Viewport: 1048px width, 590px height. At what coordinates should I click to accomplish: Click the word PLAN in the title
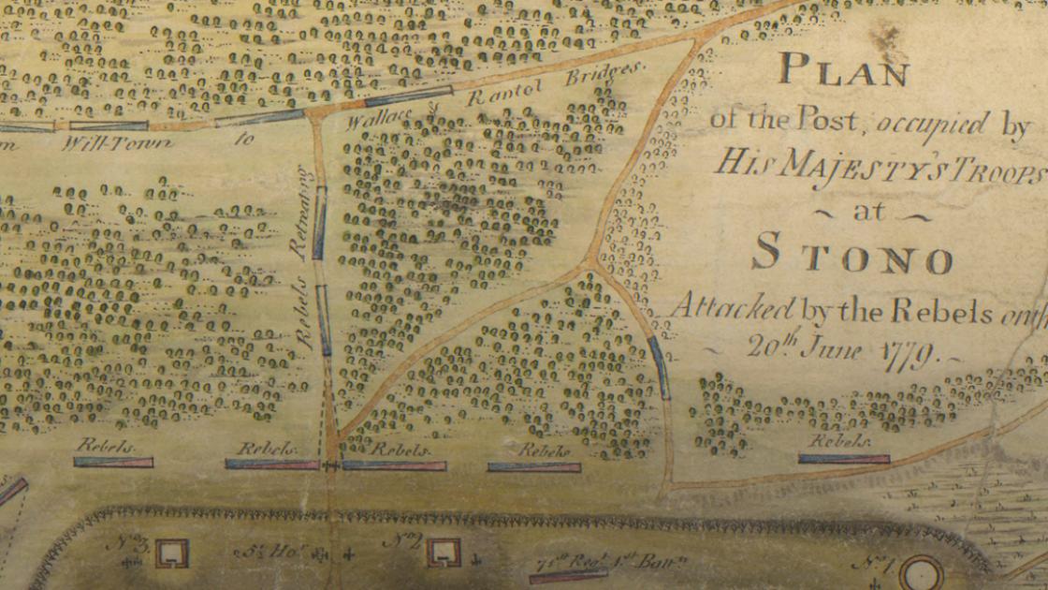coord(842,69)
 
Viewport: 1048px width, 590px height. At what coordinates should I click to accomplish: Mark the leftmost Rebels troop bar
coord(113,462)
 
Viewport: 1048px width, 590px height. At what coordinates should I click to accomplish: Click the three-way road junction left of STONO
coord(589,265)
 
